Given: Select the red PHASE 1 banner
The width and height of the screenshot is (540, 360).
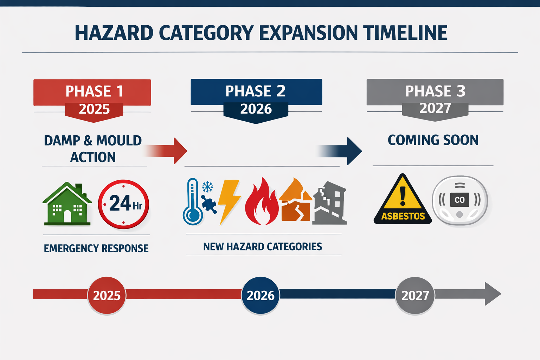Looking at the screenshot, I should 92,92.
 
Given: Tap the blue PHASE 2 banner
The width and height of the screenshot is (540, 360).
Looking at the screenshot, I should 256,92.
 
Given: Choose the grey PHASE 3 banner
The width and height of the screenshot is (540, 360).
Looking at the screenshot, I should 435,92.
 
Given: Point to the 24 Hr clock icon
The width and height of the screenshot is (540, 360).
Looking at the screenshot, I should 123,204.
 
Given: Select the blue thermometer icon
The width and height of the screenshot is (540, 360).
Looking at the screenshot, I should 193,202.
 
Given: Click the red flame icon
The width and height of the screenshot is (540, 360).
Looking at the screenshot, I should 262,202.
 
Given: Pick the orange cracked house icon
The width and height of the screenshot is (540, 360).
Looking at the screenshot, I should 295,201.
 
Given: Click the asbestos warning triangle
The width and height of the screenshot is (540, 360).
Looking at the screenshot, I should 403,200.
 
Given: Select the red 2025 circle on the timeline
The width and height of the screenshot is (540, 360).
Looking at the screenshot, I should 107,295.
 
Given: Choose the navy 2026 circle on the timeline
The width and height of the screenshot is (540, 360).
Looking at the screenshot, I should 261,295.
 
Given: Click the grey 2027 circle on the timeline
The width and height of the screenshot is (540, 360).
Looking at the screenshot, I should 415,295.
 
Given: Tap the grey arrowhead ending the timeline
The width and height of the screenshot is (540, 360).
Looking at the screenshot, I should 492,294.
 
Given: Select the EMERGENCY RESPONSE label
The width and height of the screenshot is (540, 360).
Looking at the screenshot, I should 96,249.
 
